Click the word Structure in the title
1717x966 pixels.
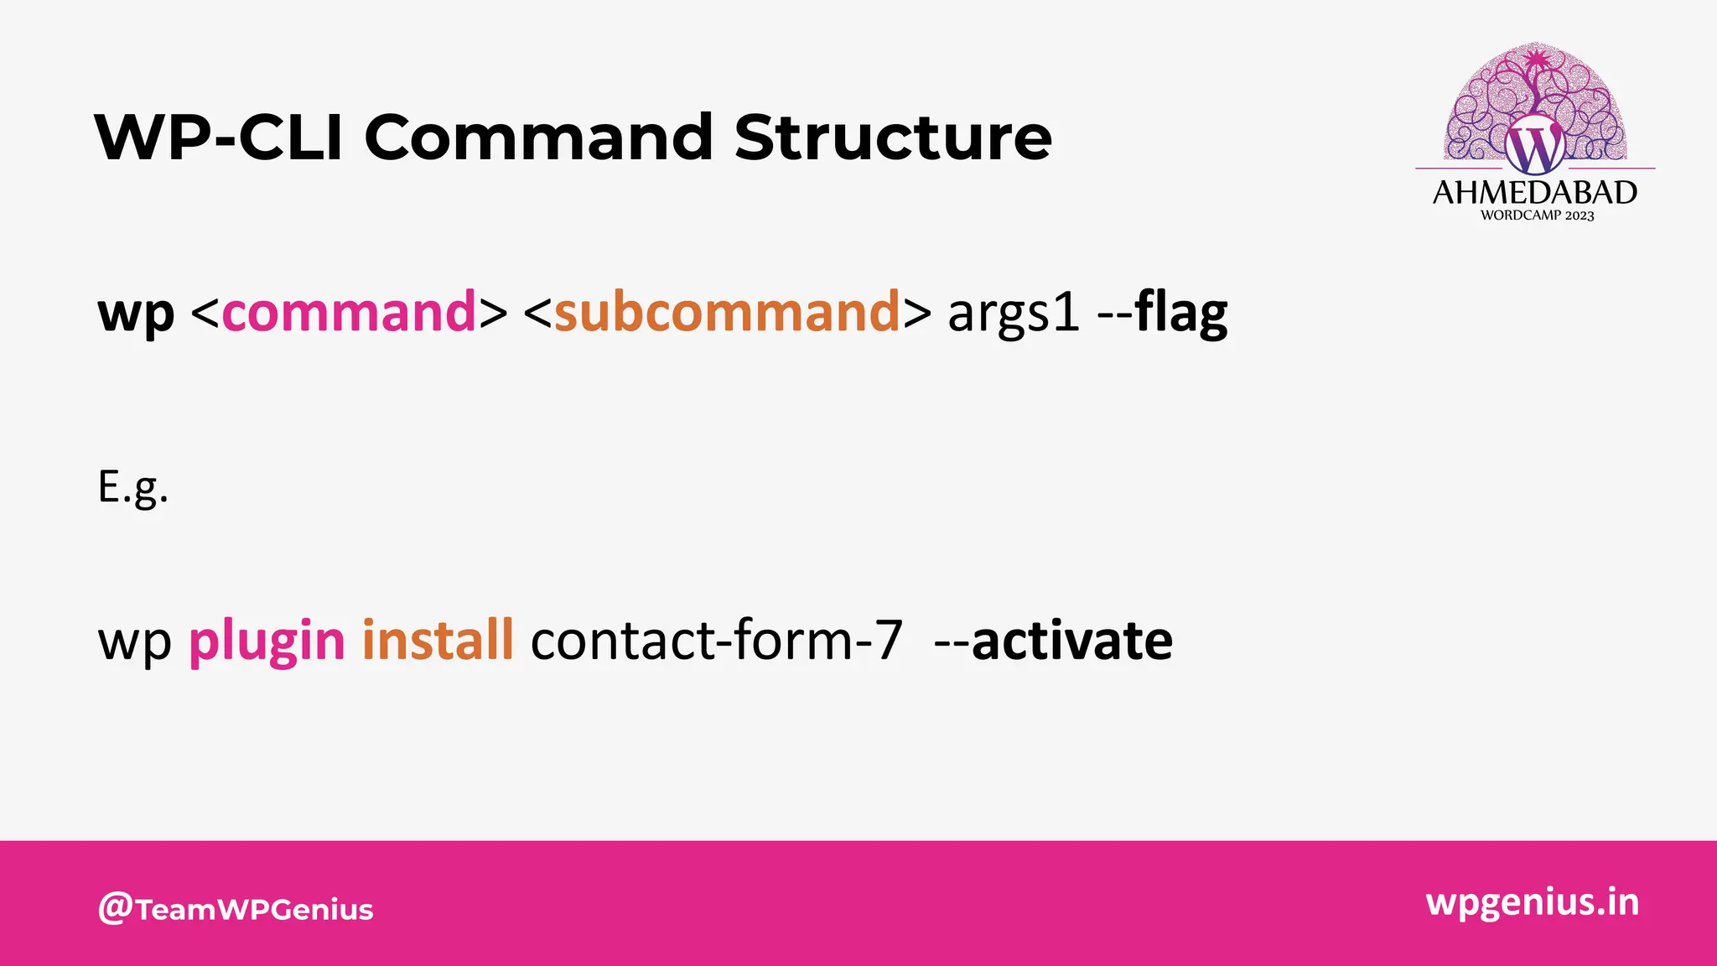pos(893,138)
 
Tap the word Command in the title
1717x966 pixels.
pos(538,138)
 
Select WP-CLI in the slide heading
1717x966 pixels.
pos(220,138)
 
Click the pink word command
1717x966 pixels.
pos(349,312)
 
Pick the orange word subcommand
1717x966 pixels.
pos(727,312)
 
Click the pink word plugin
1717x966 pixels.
pos(267,642)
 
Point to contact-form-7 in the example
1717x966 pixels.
pos(717,641)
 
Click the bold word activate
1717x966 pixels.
pos(1072,641)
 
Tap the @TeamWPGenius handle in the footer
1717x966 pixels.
pos(236,909)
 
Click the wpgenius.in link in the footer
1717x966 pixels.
pos(1532,902)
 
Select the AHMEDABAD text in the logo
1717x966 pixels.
pos(1534,193)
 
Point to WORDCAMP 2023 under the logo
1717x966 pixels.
pos(1537,216)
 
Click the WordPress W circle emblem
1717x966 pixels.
pos(1534,147)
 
